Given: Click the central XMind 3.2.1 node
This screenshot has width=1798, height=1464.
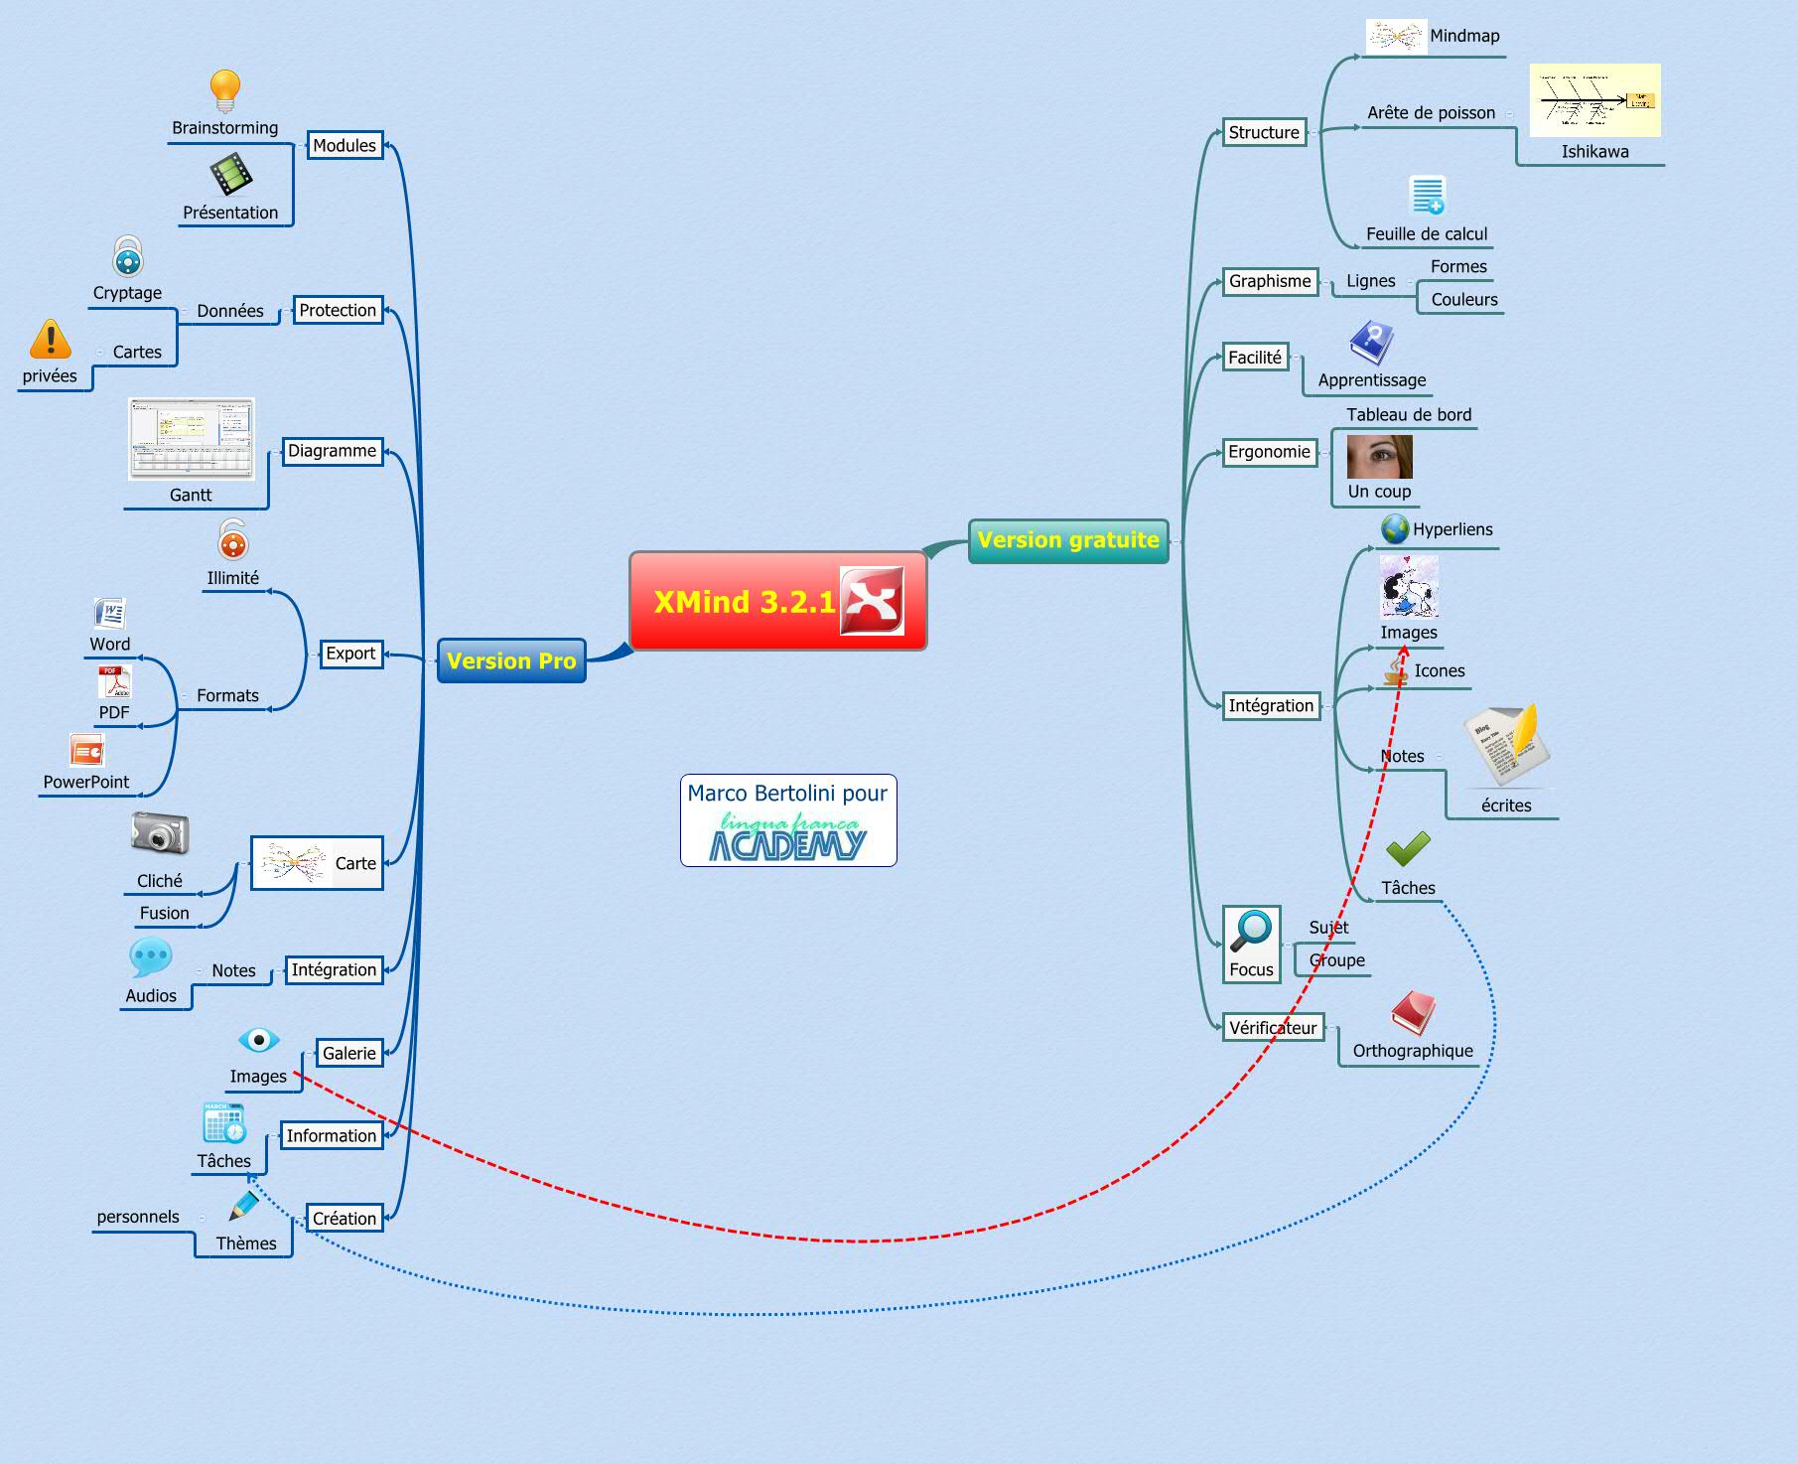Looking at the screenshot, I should click(x=777, y=601).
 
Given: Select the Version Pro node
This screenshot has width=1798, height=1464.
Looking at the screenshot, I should click(x=511, y=660).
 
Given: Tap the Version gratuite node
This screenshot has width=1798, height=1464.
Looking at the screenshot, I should click(x=1068, y=540).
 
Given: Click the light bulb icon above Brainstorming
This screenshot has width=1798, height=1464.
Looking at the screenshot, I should click(x=225, y=90).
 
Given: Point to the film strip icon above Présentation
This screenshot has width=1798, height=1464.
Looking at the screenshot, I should click(x=230, y=175).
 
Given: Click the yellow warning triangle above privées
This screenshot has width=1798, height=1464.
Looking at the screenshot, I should click(x=51, y=339).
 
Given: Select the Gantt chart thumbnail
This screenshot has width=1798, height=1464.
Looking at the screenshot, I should click(x=191, y=439).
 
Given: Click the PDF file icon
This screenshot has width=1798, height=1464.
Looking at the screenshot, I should click(x=114, y=682).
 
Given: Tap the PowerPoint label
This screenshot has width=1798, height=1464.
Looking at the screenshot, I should click(x=86, y=782).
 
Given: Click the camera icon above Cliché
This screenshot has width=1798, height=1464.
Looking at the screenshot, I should click(x=160, y=833).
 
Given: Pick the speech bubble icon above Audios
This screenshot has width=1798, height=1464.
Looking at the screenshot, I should click(x=151, y=957).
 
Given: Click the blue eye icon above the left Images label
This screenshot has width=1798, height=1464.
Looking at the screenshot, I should click(x=258, y=1040).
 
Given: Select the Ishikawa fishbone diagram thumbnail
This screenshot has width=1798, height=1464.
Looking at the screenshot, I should click(x=1594, y=101).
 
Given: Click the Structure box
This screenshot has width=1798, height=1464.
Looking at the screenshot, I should click(x=1263, y=132).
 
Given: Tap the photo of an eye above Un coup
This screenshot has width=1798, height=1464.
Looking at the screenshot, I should click(x=1379, y=457).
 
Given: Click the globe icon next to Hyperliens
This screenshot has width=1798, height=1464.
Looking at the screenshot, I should click(x=1395, y=529).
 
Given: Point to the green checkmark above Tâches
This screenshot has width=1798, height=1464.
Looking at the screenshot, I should click(x=1408, y=849).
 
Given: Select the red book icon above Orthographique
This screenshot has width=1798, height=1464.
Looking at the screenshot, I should click(x=1413, y=1013).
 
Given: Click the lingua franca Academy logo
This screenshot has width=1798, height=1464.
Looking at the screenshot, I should click(x=787, y=836).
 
